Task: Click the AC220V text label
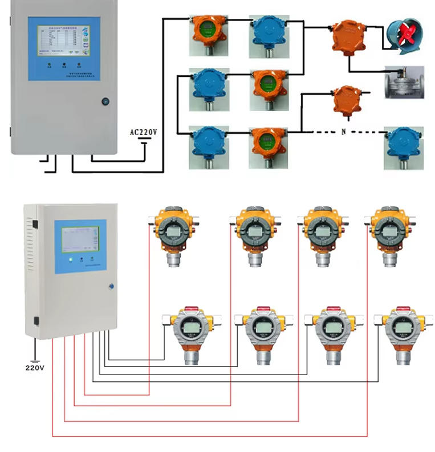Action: coord(143,132)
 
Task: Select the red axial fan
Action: coord(404,36)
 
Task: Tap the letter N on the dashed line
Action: coord(344,132)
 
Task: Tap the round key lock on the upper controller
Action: coord(104,101)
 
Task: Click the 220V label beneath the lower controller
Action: coord(35,368)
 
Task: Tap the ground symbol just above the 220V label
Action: coord(35,360)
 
